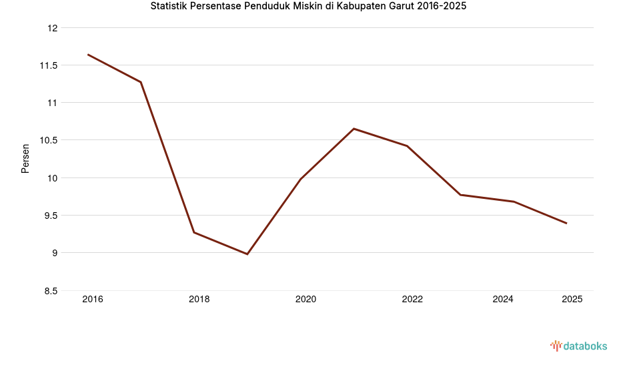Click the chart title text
click(308, 7)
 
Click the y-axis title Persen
click(25, 159)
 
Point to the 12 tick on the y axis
click(53, 28)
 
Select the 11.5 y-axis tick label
click(49, 65)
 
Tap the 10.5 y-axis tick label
click(49, 140)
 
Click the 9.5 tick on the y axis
click(51, 216)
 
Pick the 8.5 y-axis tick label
click(51, 291)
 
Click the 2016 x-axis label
click(92, 300)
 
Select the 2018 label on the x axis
click(199, 300)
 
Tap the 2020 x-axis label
click(305, 300)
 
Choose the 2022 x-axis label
click(412, 300)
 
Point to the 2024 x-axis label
click(503, 300)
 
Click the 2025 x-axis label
click(572, 300)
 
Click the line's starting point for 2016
click(88, 55)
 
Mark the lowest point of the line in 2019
click(247, 254)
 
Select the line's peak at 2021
click(354, 129)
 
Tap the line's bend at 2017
click(141, 82)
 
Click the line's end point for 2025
click(566, 223)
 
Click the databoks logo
click(578, 346)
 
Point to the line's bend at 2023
click(460, 195)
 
